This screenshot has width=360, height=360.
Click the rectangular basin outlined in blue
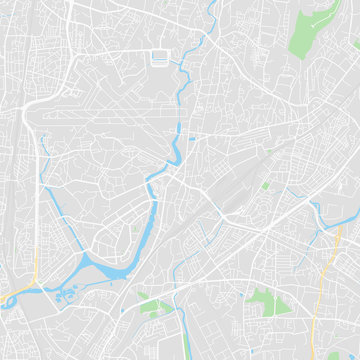point(159,58)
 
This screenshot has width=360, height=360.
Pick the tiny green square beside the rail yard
point(265,185)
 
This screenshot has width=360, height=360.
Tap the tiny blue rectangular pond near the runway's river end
point(192,138)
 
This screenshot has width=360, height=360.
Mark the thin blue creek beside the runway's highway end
point(46,150)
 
